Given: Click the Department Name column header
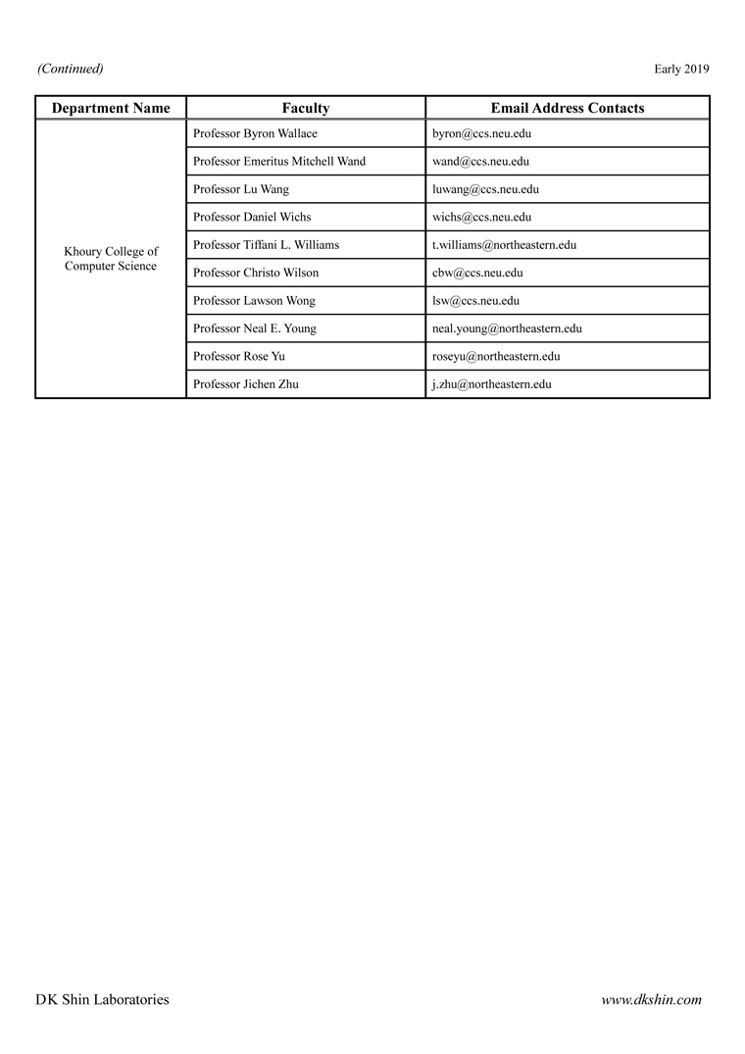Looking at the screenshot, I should coord(111,108).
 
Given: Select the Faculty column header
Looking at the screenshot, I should coord(306,108).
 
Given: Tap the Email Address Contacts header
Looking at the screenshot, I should coord(568,108).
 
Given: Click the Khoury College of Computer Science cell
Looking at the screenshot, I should coord(111,259).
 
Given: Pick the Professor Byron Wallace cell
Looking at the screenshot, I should coord(255,133).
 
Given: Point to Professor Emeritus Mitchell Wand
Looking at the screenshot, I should coord(279,161).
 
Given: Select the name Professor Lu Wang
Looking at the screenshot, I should coord(241,189).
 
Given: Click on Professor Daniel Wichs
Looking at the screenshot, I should coord(252,217).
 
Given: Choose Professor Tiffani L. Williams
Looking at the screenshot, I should coord(267,244).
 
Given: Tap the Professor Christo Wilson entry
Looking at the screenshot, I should coord(256,273).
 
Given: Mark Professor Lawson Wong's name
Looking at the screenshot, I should coord(254,301).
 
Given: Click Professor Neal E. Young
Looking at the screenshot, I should coord(255,328).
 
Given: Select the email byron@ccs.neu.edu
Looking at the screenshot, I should coord(481,133).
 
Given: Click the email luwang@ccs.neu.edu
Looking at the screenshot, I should coord(485,189).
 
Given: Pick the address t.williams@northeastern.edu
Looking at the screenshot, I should coord(504,244).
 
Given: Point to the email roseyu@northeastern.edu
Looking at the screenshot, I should coord(496,357).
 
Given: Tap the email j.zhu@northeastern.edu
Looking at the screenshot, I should coord(491,384).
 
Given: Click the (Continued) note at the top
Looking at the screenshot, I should coord(71,69).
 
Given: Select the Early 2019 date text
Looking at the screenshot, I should coord(681,69).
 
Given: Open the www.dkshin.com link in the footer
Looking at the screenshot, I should coord(651,1000).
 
